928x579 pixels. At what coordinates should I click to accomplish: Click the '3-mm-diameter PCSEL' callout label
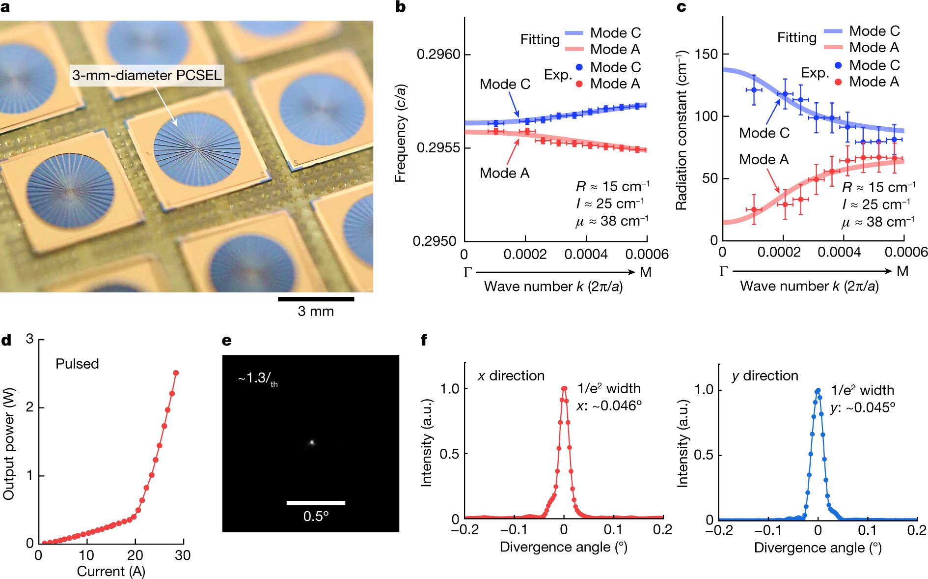147,75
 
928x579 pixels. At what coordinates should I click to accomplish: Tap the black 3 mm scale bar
316,299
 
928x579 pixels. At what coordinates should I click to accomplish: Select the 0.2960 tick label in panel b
438,54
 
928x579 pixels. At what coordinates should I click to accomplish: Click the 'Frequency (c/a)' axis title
401,133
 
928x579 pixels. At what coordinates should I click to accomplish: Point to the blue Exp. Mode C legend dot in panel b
579,67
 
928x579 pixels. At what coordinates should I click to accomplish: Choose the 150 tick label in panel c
706,54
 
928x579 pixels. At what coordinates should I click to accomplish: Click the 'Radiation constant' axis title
682,130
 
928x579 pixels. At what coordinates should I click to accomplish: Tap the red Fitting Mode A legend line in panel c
833,47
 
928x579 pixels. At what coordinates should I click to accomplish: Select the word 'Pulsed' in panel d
77,364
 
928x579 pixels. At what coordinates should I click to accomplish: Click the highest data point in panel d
176,373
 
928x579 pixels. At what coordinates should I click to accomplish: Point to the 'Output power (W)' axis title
9,444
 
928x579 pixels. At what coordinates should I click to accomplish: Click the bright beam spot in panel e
311,442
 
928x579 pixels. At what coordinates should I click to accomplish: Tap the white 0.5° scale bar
316,503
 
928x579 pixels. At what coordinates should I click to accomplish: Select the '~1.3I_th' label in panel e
258,379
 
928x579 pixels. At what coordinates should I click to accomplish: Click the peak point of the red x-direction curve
564,389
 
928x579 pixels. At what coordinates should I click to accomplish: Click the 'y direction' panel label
765,376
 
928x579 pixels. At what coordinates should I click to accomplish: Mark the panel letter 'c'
682,8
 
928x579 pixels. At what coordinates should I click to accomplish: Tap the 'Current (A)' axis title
111,571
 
